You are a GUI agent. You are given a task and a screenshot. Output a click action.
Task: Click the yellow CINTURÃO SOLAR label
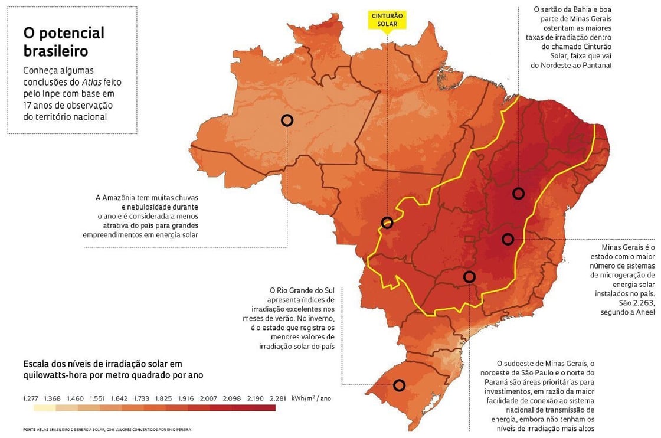(387, 19)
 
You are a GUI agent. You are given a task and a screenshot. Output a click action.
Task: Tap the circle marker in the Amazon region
(287, 120)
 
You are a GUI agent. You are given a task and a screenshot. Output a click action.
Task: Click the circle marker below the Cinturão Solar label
(387, 223)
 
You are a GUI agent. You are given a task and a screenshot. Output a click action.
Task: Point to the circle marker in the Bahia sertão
(519, 193)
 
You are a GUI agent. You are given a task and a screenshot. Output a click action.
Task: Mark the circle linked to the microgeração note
(508, 239)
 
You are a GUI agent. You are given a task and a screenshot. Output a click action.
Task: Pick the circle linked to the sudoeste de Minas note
(469, 276)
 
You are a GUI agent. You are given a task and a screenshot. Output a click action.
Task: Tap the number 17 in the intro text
(28, 105)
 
